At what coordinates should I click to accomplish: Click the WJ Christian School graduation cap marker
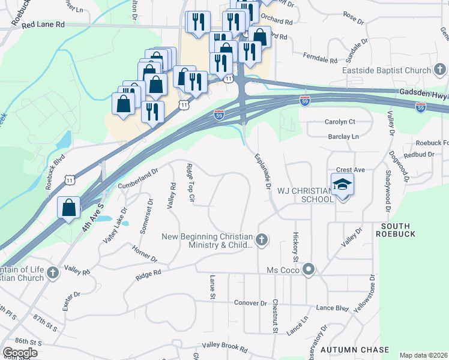click(342, 184)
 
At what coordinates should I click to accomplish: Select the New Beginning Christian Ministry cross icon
click(261, 241)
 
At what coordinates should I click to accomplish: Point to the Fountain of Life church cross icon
click(53, 274)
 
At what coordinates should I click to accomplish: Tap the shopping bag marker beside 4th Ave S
click(69, 208)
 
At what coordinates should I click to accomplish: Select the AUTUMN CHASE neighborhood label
click(354, 349)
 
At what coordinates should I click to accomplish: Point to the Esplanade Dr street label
click(263, 171)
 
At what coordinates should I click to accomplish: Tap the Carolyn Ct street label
click(340, 121)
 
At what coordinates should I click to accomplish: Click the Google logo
click(20, 353)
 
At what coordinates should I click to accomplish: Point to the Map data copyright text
click(423, 355)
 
